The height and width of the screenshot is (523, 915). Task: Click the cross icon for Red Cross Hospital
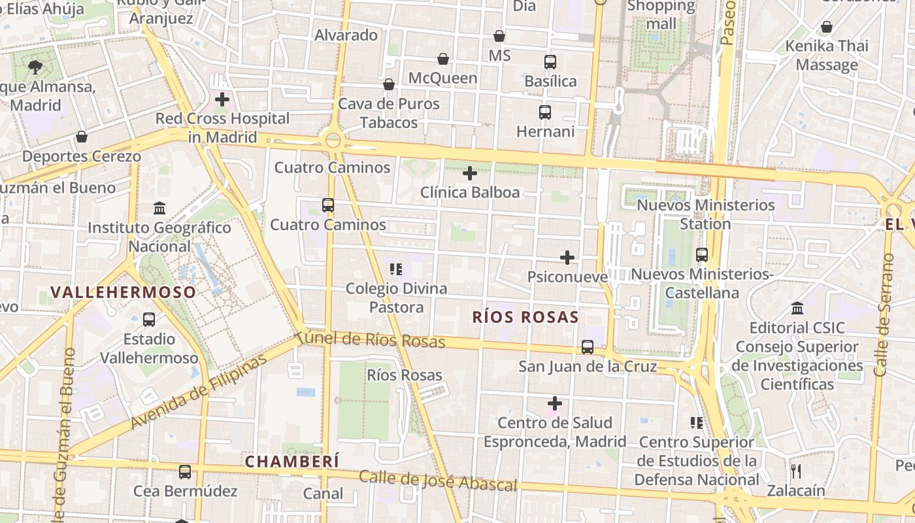tap(222, 100)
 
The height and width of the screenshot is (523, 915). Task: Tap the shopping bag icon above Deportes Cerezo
tap(82, 137)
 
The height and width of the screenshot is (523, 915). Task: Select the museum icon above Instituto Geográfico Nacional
tap(159, 209)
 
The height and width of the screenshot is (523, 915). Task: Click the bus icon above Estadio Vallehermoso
tap(149, 320)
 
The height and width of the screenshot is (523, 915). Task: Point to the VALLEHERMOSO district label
tap(124, 292)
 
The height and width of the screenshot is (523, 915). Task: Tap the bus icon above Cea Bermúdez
tap(185, 471)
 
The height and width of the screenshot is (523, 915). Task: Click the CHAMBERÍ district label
tap(292, 461)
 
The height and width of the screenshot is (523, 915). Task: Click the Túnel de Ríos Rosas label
tap(370, 340)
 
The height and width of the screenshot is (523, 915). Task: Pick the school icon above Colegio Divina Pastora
tap(395, 269)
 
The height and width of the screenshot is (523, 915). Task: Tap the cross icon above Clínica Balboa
tap(470, 173)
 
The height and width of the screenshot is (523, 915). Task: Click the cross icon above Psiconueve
tap(567, 258)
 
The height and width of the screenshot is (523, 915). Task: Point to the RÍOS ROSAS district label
tap(525, 317)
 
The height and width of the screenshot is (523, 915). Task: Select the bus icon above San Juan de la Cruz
tap(588, 347)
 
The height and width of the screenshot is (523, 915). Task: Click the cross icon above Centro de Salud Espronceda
tap(555, 403)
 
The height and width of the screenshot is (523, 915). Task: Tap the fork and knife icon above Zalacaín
tap(796, 471)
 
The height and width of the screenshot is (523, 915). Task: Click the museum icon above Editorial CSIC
tap(797, 308)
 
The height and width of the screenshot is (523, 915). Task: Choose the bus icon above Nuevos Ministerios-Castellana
tap(702, 255)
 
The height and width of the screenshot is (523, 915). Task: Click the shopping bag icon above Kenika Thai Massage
tap(827, 27)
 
